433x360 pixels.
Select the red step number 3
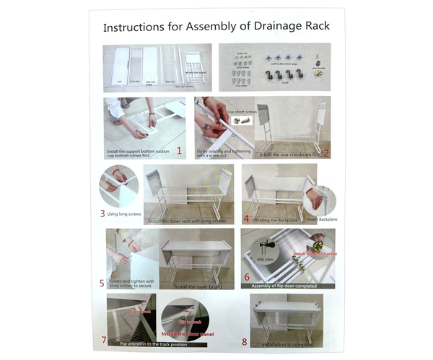coord(102,214)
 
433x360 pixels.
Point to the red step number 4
coord(247,217)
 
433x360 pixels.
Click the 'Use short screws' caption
coord(242,113)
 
